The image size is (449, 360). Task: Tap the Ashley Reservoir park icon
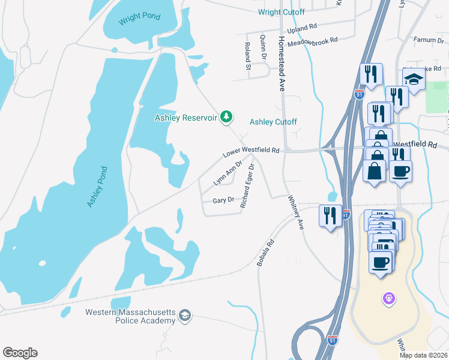click(x=226, y=116)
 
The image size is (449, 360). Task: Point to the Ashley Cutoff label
click(x=273, y=122)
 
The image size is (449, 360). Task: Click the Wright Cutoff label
click(x=281, y=12)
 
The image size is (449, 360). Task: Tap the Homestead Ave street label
click(x=281, y=63)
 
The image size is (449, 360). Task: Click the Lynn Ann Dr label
click(x=228, y=172)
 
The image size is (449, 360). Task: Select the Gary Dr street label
click(x=223, y=200)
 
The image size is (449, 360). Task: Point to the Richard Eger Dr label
click(x=248, y=185)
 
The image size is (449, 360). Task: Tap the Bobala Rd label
click(x=266, y=253)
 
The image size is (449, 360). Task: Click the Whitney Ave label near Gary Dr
click(x=296, y=212)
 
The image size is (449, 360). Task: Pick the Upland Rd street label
click(x=302, y=28)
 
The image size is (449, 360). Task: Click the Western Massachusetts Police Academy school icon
click(x=185, y=316)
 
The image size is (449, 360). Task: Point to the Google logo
click(x=20, y=353)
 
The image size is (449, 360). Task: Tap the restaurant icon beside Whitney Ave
click(x=330, y=215)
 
